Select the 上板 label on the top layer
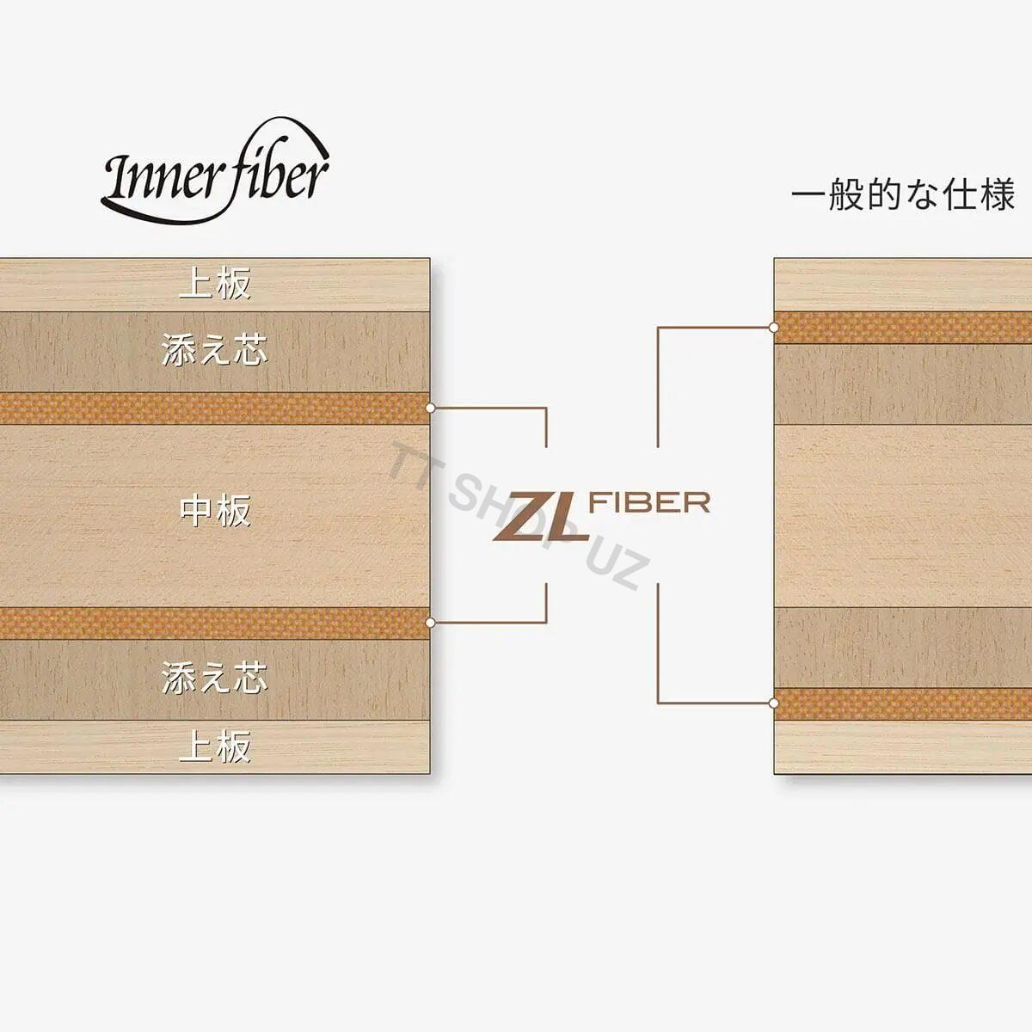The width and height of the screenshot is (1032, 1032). pyautogui.click(x=215, y=284)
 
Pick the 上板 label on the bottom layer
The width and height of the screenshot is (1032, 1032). pyautogui.click(x=215, y=746)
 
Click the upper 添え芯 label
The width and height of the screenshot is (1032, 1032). pyautogui.click(x=214, y=350)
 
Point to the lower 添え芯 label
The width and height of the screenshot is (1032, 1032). pyautogui.click(x=214, y=678)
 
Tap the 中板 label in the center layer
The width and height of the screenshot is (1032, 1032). pyautogui.click(x=215, y=511)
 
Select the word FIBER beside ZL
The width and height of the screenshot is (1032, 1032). pyautogui.click(x=649, y=502)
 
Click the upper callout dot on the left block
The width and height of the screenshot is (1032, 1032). pyautogui.click(x=430, y=408)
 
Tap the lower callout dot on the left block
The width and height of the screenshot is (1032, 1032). pyautogui.click(x=430, y=623)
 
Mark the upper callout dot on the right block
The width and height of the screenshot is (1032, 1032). pyautogui.click(x=773, y=327)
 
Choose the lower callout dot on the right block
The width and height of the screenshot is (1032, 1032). pyautogui.click(x=773, y=703)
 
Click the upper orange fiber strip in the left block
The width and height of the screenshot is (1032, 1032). pyautogui.click(x=214, y=408)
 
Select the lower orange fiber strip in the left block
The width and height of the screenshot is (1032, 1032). pyautogui.click(x=214, y=623)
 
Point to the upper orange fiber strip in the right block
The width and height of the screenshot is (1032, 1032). pyautogui.click(x=903, y=328)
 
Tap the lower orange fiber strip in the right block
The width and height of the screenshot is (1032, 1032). pyautogui.click(x=903, y=703)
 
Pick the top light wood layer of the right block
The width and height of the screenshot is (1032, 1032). pyautogui.click(x=903, y=285)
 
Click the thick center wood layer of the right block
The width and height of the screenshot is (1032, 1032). pyautogui.click(x=903, y=516)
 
